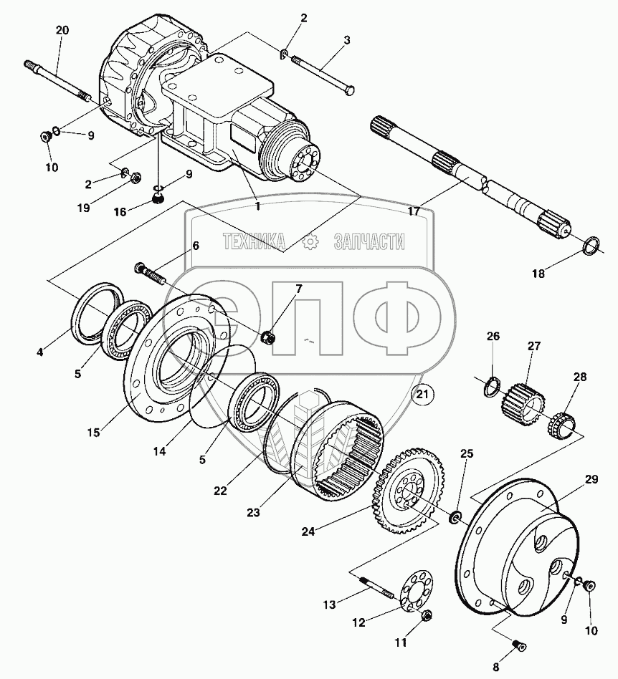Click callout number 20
(62, 30)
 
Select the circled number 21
(423, 393)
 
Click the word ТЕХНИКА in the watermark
(255, 243)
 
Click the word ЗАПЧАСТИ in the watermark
(369, 243)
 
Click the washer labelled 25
(455, 518)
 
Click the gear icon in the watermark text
(310, 243)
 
